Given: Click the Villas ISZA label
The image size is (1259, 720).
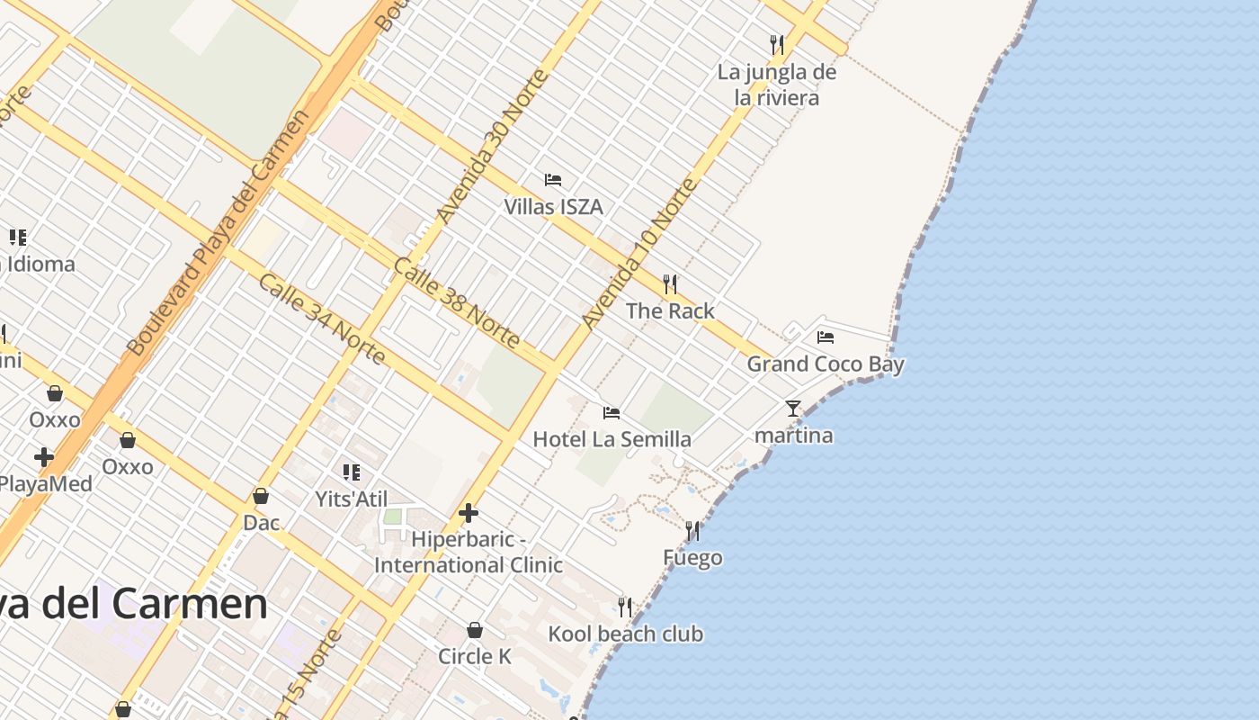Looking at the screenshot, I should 553,207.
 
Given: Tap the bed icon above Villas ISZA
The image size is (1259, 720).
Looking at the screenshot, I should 553,180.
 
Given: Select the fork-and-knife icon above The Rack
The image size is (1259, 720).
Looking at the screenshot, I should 670,284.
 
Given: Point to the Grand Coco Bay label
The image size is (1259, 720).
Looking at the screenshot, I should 826,364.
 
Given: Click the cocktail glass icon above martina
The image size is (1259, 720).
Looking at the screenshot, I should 792,409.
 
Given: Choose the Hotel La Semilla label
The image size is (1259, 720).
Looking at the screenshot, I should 612,439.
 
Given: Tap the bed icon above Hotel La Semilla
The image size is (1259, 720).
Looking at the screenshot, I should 612,413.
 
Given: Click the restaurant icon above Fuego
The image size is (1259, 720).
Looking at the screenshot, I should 692,531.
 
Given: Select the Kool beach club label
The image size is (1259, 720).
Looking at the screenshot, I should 625,634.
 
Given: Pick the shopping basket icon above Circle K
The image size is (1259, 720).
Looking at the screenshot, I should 475,630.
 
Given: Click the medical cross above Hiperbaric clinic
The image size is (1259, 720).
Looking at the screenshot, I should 469,513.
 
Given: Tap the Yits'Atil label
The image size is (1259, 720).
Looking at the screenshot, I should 352,499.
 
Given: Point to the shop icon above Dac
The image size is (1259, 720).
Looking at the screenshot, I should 261,496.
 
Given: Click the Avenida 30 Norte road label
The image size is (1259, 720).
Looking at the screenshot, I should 492,146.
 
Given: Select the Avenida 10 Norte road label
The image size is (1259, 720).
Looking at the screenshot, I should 638,254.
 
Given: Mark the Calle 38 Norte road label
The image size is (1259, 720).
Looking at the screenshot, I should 457,303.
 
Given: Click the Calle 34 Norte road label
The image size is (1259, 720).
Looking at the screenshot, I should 322,319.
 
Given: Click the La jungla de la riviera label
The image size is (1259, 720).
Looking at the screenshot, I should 777,85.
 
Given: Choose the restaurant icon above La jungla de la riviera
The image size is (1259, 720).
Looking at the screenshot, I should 777,44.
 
